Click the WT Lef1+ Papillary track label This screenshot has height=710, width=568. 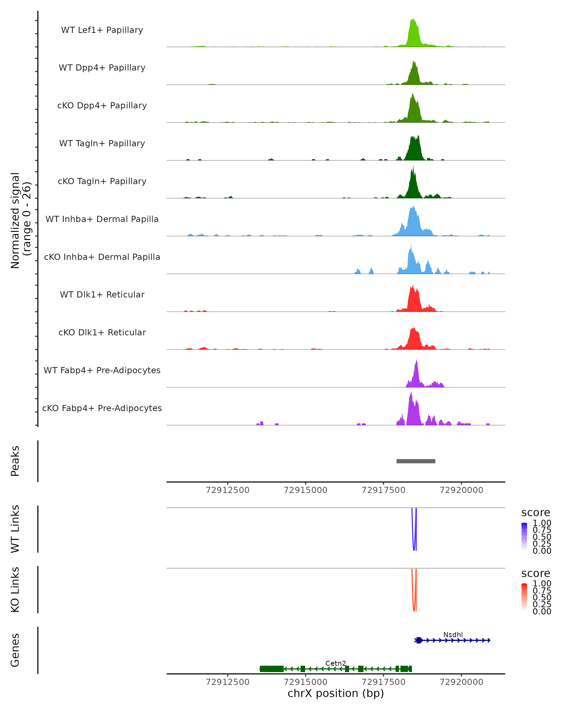[x=102, y=30]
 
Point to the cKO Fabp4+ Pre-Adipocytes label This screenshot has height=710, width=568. [x=102, y=408]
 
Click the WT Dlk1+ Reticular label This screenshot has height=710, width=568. [x=102, y=295]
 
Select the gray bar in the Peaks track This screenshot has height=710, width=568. [x=416, y=461]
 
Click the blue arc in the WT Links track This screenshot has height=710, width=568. [x=414, y=549]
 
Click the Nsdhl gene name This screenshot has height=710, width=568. [x=453, y=635]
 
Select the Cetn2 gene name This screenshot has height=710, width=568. [x=336, y=664]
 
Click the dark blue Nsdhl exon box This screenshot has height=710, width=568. [x=418, y=640]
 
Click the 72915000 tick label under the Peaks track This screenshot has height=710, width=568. [x=306, y=490]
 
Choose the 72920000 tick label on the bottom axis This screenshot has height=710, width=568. [x=461, y=682]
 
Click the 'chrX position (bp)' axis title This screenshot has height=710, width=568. [x=336, y=693]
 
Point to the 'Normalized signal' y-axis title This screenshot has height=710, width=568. [x=15, y=221]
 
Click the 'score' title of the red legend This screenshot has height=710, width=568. [x=536, y=573]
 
